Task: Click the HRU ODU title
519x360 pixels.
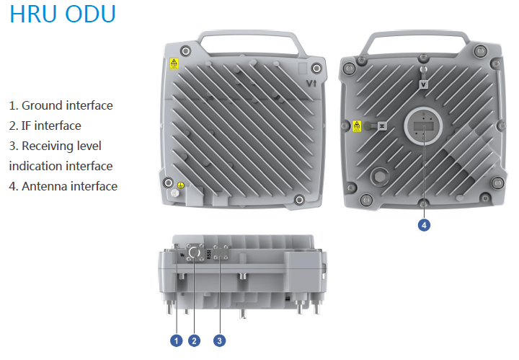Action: (62, 17)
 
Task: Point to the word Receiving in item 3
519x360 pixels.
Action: (50, 146)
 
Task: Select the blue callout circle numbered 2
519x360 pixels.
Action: (193, 339)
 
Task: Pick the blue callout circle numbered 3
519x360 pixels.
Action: (219, 339)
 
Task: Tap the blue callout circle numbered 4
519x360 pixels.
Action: (425, 225)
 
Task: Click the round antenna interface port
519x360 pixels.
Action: (424, 127)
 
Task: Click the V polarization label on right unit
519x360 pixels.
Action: (424, 84)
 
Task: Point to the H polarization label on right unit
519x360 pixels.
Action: (383, 126)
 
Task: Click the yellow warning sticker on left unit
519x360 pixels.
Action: (173, 64)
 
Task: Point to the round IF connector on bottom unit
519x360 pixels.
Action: (194, 253)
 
